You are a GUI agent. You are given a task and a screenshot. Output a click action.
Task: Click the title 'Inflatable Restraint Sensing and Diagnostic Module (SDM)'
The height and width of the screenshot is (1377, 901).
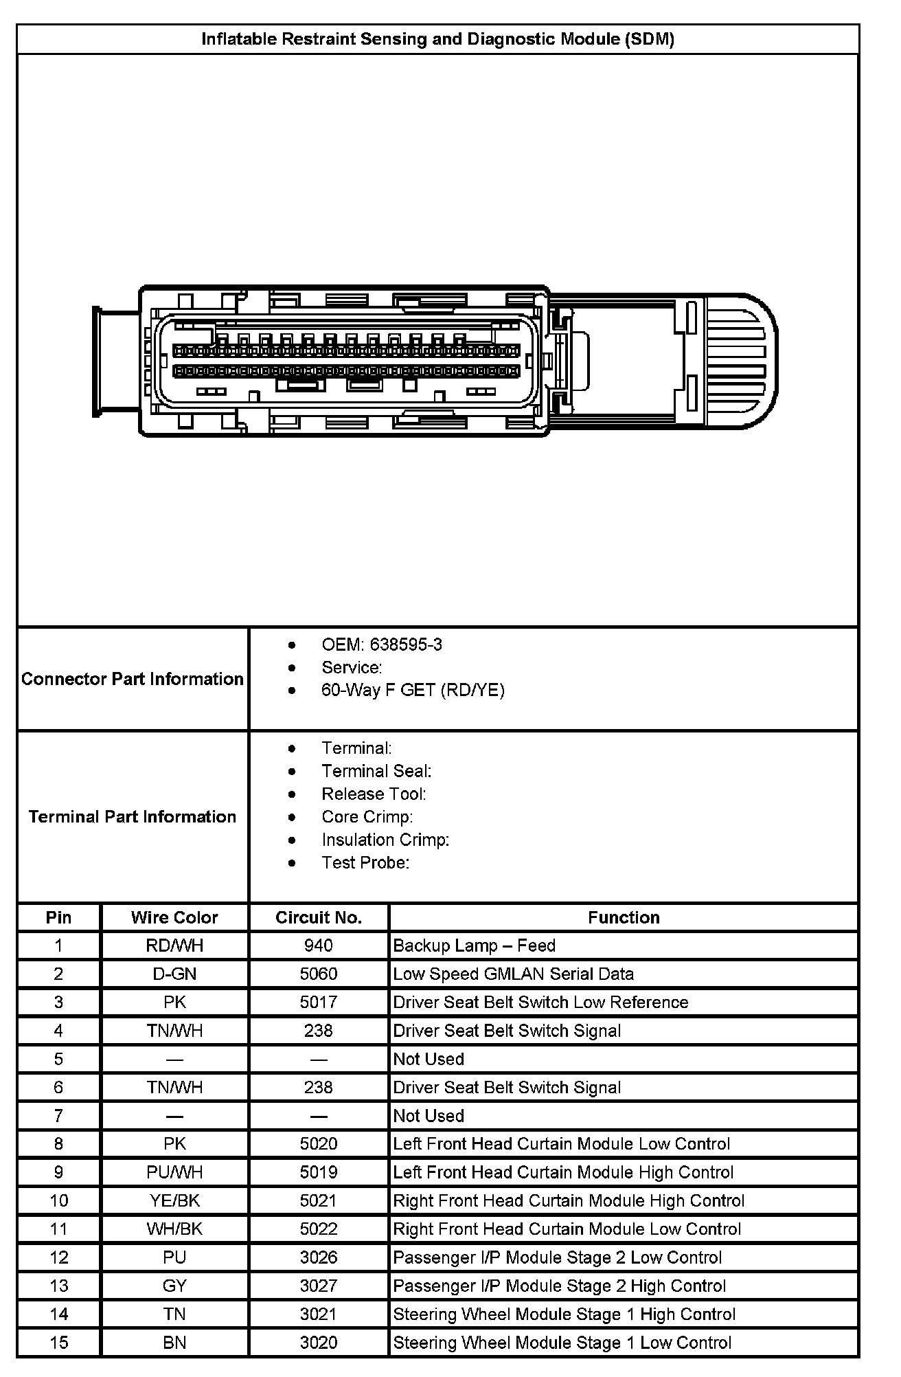coord(437,39)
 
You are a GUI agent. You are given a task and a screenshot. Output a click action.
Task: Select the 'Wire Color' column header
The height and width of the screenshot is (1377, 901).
coord(174,917)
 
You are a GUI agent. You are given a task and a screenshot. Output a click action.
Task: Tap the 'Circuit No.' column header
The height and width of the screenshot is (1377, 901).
coord(318,917)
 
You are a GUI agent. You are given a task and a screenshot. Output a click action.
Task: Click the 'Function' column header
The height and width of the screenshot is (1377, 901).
coord(623,917)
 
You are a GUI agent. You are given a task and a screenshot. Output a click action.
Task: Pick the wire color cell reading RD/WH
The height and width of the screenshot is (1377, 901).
coord(174,945)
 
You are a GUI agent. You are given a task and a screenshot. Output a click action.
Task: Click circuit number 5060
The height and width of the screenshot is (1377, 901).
coord(318,974)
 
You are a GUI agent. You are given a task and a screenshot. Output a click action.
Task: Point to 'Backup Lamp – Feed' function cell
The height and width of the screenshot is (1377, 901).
coord(474,945)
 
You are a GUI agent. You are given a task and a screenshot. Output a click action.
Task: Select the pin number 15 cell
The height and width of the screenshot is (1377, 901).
coord(58,1342)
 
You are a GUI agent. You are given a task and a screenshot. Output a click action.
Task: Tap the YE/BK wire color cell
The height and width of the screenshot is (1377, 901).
coord(174,1200)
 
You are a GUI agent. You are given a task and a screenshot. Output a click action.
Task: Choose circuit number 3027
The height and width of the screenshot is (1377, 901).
coord(318,1286)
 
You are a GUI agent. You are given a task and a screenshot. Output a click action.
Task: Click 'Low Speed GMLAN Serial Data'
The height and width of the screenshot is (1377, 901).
coord(513,974)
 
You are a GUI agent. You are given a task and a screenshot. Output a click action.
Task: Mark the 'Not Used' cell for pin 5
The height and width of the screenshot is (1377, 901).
coord(429,1059)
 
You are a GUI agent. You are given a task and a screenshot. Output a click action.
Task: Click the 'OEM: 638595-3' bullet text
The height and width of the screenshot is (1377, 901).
coord(381,645)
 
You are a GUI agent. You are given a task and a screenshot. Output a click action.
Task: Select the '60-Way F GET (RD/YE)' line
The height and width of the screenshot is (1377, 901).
coord(413,690)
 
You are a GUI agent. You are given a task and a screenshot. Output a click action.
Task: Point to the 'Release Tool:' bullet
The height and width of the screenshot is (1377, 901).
coord(374,794)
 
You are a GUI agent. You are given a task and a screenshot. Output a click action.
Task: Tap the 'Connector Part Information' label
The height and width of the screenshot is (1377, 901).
coord(133,679)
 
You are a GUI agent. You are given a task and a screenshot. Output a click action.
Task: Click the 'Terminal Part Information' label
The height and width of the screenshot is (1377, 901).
coord(133,816)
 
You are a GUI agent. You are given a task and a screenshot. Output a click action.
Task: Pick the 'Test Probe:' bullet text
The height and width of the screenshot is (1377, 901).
coord(365,862)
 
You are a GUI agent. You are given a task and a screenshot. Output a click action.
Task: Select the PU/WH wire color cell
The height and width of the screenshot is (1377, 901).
coord(174,1172)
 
